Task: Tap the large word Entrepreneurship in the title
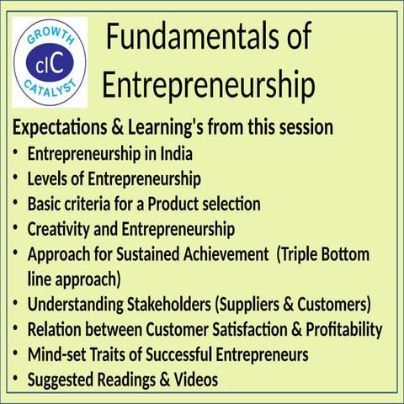click(x=208, y=86)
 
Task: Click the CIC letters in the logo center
click(x=50, y=64)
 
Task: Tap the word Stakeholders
click(x=160, y=305)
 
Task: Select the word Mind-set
click(x=59, y=355)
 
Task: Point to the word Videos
click(x=194, y=380)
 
